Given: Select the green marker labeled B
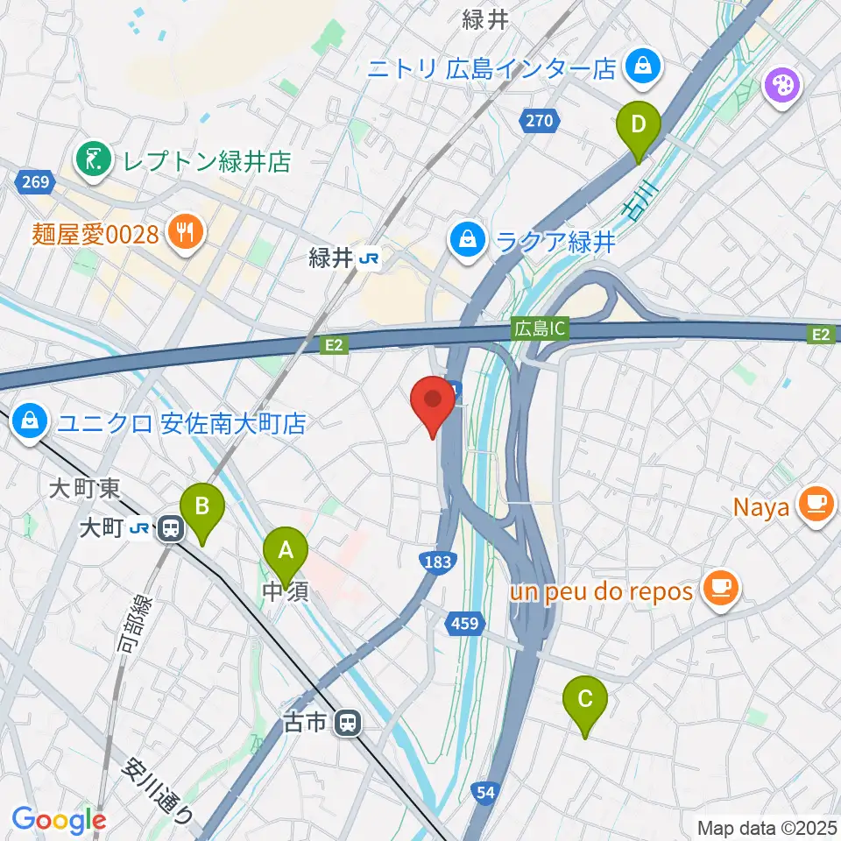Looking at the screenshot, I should pyautogui.click(x=201, y=507).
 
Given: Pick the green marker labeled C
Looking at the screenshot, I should pyautogui.click(x=586, y=700).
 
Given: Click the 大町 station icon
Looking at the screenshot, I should pyautogui.click(x=170, y=529).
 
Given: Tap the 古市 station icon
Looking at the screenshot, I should pyautogui.click(x=348, y=723).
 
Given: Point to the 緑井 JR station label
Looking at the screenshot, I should pyautogui.click(x=341, y=258).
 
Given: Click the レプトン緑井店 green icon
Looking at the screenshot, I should pyautogui.click(x=90, y=159).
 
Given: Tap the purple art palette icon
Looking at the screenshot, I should pyautogui.click(x=779, y=86).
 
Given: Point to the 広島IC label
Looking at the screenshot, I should pyautogui.click(x=541, y=329).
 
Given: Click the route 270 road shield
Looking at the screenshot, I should pyautogui.click(x=540, y=121).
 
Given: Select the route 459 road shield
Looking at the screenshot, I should pyautogui.click(x=465, y=623).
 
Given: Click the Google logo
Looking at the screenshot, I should pyautogui.click(x=59, y=820).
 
